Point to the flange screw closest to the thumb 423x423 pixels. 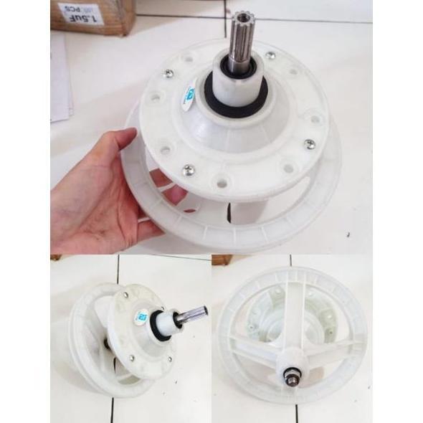click(x=188, y=169)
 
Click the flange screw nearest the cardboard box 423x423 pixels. click(x=166, y=72)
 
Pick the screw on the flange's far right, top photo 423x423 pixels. click(x=309, y=143)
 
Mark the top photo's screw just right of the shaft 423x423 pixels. click(x=270, y=55)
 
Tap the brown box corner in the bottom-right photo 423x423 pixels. click(x=223, y=260)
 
